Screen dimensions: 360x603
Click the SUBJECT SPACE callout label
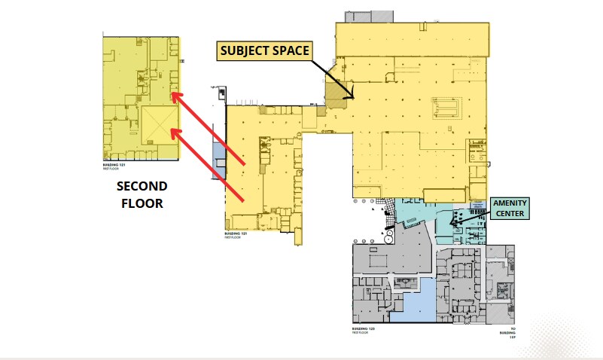tap(263, 51)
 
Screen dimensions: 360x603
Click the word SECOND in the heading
tap(142, 186)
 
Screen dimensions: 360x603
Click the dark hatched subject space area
tap(334, 93)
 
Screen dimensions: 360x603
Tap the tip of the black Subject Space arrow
tap(352, 96)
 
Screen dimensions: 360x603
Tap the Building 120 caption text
tap(363, 331)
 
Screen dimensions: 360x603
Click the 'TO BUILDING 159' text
tap(512, 334)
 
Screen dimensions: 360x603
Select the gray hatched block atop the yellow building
tap(369, 17)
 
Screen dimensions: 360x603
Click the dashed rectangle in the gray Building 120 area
tap(406, 282)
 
